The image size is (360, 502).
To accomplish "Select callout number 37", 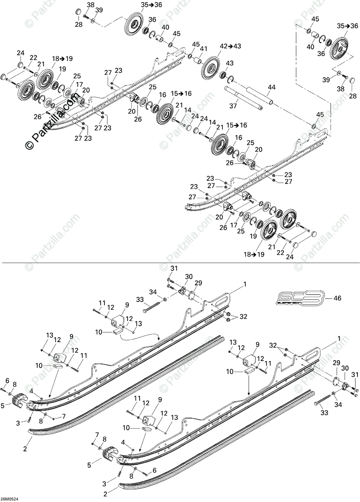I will click(x=233, y=106).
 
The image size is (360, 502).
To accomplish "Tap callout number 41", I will click(x=204, y=49).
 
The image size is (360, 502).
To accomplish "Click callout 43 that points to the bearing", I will click(x=230, y=63).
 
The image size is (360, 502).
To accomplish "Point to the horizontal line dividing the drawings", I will click(x=180, y=262).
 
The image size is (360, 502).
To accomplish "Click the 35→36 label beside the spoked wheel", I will click(x=347, y=26).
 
